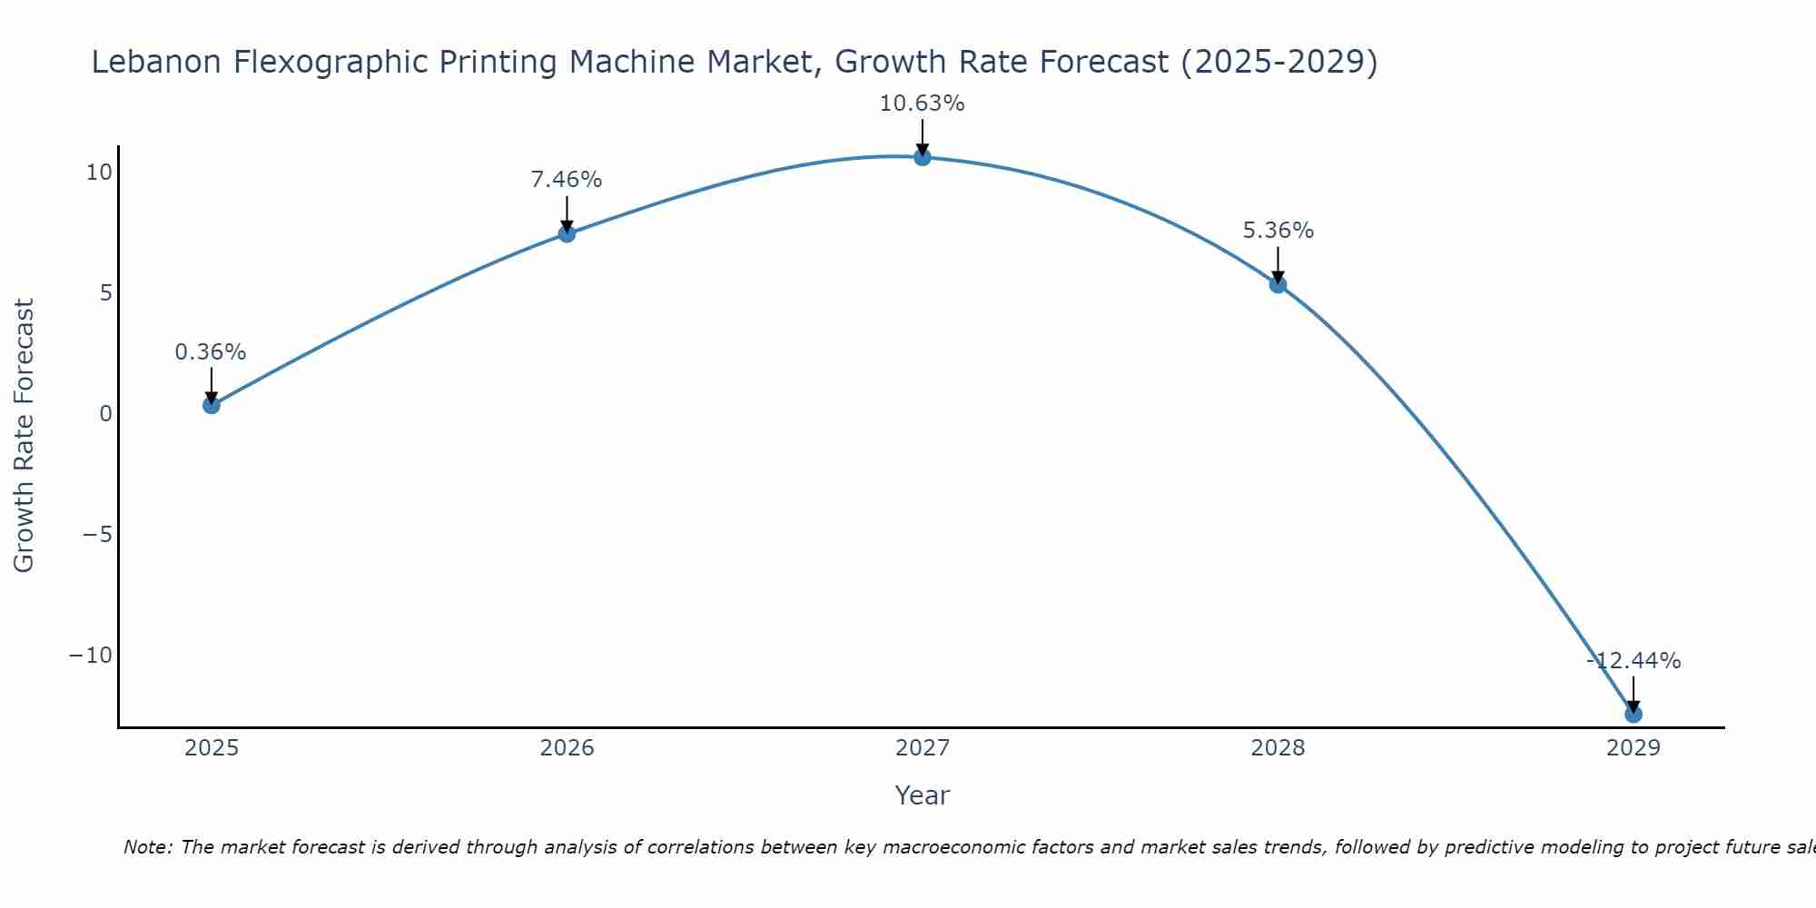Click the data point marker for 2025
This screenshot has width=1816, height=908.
tap(212, 405)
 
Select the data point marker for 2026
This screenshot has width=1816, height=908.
tap(567, 233)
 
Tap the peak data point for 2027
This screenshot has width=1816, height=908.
tap(923, 157)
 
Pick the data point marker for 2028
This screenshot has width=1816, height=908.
tap(1278, 284)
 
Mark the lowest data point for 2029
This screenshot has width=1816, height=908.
tap(1633, 714)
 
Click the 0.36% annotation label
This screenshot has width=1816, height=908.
tap(211, 352)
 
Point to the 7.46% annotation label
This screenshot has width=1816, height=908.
tap(567, 180)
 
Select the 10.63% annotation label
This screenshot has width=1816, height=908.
tap(922, 104)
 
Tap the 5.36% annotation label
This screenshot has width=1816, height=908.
tap(1278, 231)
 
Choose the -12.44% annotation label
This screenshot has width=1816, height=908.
tap(1633, 661)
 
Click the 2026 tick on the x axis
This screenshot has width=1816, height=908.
tap(567, 748)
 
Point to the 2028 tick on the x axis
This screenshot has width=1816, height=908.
tap(1278, 748)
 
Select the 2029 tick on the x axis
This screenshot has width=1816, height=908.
tap(1633, 748)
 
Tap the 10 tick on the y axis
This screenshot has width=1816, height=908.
tap(99, 173)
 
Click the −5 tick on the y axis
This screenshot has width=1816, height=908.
tap(97, 534)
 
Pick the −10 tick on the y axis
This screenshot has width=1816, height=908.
tap(91, 656)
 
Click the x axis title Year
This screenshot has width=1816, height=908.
tap(922, 795)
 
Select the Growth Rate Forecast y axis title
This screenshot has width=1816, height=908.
tap(24, 436)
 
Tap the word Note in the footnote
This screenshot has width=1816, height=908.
tap(146, 847)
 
